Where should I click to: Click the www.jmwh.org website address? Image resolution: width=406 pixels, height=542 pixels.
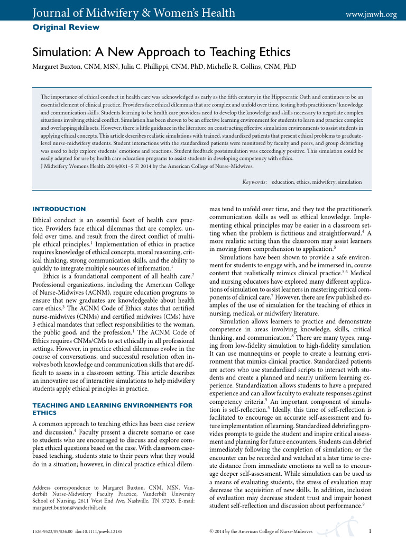click(371, 14)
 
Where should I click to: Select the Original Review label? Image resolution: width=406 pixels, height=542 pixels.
click(66, 27)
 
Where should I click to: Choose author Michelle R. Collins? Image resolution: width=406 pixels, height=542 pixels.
click(244, 67)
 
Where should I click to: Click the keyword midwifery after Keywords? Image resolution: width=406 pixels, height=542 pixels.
click(327, 182)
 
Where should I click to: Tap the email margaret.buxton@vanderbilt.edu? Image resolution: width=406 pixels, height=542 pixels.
click(70, 507)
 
